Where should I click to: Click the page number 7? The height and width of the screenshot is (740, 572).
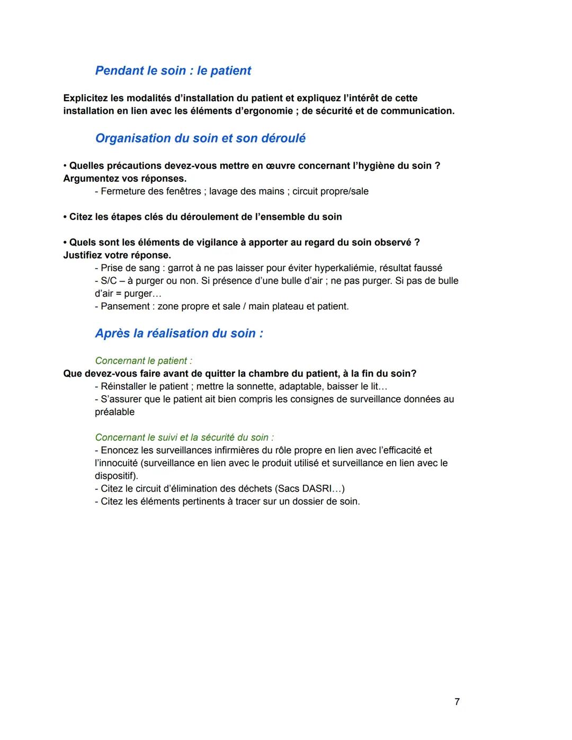click(x=457, y=701)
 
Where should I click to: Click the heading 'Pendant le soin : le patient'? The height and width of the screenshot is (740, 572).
click(x=173, y=70)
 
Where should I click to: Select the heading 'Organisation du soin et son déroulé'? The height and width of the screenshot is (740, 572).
click(x=200, y=138)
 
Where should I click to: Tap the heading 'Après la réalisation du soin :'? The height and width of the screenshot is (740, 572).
click(x=179, y=333)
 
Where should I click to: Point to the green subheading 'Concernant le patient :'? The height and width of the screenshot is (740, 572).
click(x=143, y=361)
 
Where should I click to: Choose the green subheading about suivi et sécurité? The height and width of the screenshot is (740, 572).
click(x=184, y=438)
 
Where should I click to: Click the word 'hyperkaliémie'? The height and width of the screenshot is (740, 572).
click(x=344, y=268)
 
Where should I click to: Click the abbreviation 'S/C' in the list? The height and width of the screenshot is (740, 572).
click(x=109, y=281)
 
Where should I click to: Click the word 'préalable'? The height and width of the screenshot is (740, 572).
click(x=114, y=412)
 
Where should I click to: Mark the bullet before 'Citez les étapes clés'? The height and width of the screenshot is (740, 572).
click(x=66, y=217)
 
